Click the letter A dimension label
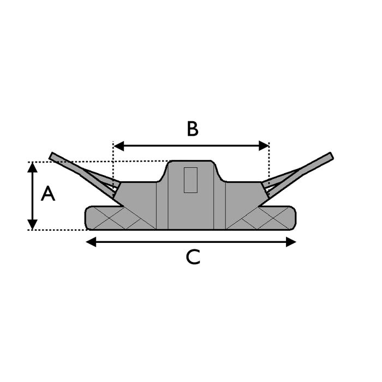point(48,194)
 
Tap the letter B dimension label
point(192,129)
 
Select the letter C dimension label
point(193,257)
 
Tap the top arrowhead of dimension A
point(33,167)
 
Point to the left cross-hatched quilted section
point(123,218)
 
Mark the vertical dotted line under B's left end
point(113,164)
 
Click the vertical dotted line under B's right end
point(269,164)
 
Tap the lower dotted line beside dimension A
point(60,230)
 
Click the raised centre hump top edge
point(191,161)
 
